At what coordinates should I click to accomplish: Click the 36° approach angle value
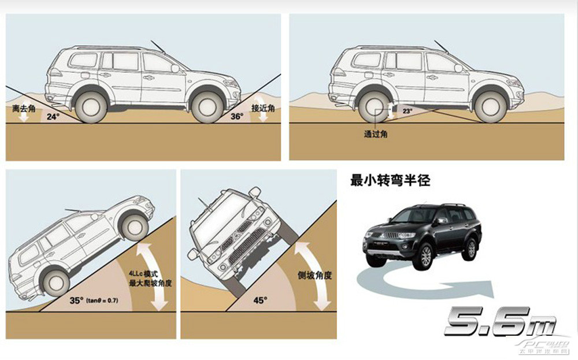pyautogui.click(x=236, y=116)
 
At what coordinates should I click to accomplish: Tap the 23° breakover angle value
pyautogui.click(x=407, y=110)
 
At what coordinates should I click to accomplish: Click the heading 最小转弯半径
pyautogui.click(x=390, y=180)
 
